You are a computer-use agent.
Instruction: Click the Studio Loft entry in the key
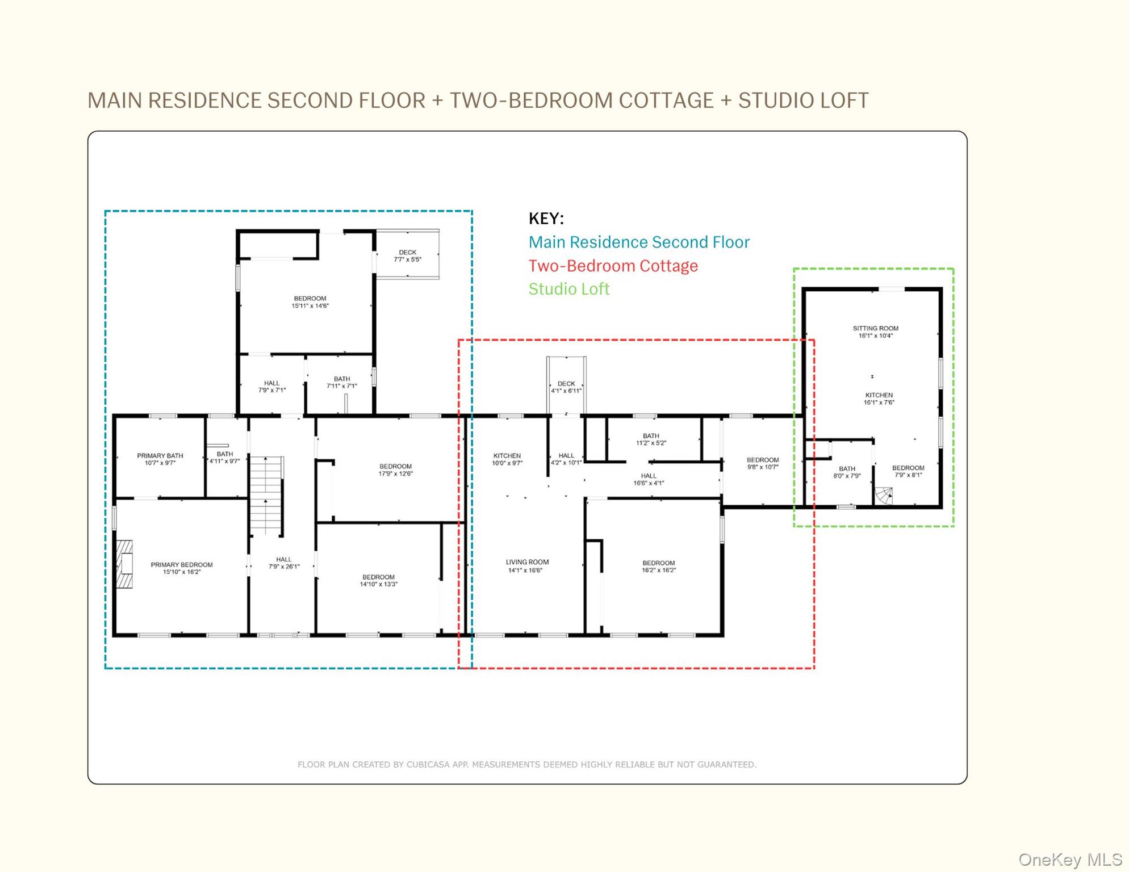(568, 289)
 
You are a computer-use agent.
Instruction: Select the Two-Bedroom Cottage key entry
(613, 266)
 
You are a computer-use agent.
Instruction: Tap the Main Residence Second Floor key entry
(639, 242)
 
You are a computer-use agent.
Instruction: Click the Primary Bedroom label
(182, 568)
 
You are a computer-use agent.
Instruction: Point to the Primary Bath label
(160, 459)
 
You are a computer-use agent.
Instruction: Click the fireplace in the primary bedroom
(125, 564)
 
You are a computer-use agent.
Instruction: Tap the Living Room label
(527, 566)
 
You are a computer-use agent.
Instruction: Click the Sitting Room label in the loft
(875, 332)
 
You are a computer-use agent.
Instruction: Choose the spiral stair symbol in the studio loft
(884, 496)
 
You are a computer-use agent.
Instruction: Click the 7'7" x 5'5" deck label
(407, 256)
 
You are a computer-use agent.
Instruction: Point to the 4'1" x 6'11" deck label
(566, 387)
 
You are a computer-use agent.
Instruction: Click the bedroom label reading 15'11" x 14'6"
(310, 302)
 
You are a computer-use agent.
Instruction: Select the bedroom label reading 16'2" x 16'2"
(659, 567)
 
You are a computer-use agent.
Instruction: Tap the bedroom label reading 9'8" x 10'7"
(762, 463)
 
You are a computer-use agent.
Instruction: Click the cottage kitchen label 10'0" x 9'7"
(507, 459)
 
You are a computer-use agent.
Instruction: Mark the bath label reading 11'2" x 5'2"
(651, 439)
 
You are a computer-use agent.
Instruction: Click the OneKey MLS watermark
(1069, 860)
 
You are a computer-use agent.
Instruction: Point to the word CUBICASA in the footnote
(428, 765)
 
